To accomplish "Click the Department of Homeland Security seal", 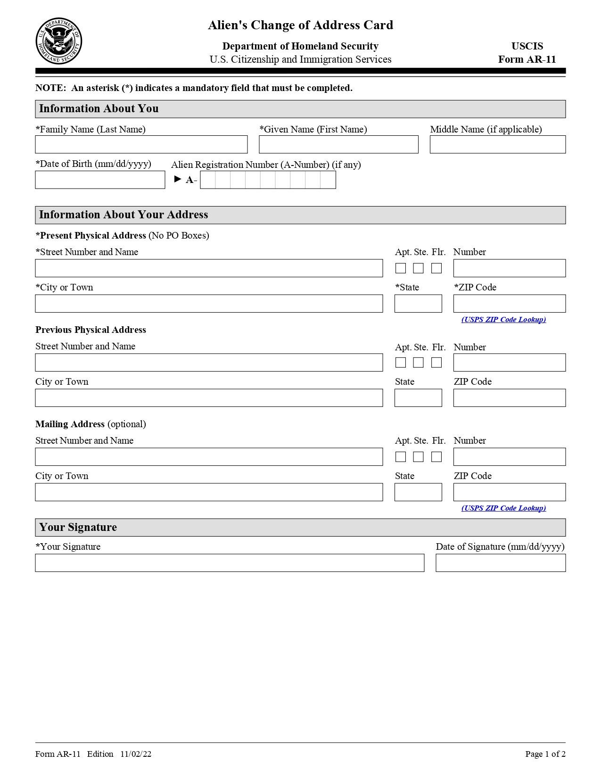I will click(59, 41).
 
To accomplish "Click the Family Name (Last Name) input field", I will click(141, 144).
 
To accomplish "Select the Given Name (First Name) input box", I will click(338, 144).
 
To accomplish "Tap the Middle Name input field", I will click(497, 144).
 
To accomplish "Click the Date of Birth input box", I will click(100, 180).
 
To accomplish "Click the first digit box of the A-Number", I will click(208, 180).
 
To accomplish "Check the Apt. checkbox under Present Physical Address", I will click(401, 268).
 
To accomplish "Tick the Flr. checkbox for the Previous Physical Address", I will click(436, 363).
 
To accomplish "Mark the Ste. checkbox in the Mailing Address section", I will click(419, 457).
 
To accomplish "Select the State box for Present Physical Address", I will click(418, 304).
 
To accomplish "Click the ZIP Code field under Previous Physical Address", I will click(509, 398).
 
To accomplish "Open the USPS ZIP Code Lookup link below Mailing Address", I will click(503, 508).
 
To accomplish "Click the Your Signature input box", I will click(230, 563).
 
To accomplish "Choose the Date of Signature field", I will click(500, 563).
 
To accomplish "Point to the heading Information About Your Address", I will click(123, 215).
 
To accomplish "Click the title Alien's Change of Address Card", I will click(300, 25).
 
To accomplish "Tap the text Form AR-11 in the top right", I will click(527, 59).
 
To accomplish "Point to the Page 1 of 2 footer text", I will click(545, 754).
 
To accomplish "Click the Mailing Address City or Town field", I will click(209, 492).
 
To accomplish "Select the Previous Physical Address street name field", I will click(209, 363).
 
